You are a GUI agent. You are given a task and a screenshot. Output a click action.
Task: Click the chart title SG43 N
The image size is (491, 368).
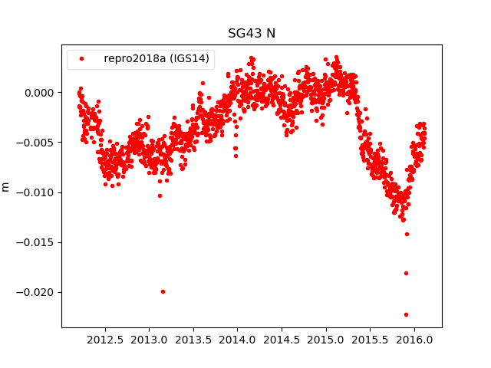tap(251, 34)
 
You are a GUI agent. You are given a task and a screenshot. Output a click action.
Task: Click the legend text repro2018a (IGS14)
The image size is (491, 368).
tap(157, 59)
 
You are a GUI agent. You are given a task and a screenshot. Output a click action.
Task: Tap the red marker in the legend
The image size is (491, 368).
tap(82, 59)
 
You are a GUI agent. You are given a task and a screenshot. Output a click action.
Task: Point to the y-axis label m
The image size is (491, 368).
tap(6, 186)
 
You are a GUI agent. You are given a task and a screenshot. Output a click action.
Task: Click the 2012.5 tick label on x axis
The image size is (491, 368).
tap(105, 339)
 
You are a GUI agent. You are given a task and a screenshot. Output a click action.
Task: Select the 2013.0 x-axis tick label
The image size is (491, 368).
tap(150, 339)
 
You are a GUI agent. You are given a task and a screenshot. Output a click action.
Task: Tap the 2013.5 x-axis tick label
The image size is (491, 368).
tap(193, 339)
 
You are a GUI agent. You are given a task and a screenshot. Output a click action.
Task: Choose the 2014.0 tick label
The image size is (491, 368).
tap(238, 339)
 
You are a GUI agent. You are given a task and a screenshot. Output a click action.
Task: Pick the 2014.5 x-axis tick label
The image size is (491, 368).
tap(282, 339)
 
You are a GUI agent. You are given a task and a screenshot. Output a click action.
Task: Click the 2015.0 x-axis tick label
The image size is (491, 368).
tap(326, 339)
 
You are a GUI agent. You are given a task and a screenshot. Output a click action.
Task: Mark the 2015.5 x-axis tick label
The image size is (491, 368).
tap(371, 339)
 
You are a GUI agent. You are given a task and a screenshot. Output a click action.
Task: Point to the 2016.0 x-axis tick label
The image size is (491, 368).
tap(415, 339)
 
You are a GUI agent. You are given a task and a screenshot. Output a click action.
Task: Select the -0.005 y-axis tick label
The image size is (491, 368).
tap(40, 143)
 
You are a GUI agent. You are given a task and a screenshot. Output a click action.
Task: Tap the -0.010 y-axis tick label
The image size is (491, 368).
tap(40, 192)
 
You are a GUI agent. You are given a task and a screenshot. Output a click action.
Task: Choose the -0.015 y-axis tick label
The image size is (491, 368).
tap(40, 242)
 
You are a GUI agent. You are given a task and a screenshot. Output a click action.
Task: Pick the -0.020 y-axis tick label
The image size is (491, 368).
tap(40, 292)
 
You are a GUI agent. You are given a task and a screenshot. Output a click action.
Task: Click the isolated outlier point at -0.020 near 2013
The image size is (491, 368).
tap(163, 291)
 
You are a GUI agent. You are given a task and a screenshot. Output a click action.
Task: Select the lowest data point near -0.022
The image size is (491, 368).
tap(406, 314)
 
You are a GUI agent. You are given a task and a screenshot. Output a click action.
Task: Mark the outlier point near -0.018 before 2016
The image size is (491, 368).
tap(406, 273)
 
